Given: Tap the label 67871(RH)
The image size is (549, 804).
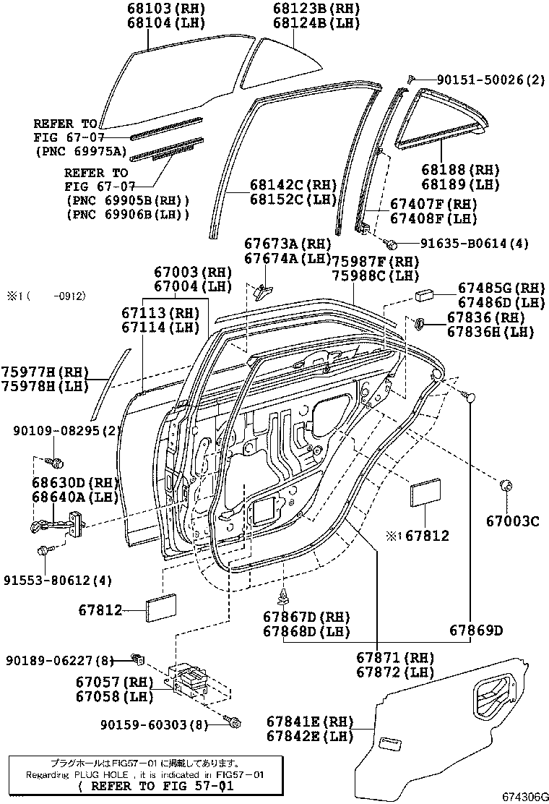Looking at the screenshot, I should point(394,657).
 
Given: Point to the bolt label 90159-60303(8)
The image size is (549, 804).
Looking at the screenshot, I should point(157,724).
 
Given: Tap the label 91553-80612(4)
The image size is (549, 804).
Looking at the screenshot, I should point(58,579).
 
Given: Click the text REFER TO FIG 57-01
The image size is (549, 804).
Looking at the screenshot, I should point(155,786).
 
